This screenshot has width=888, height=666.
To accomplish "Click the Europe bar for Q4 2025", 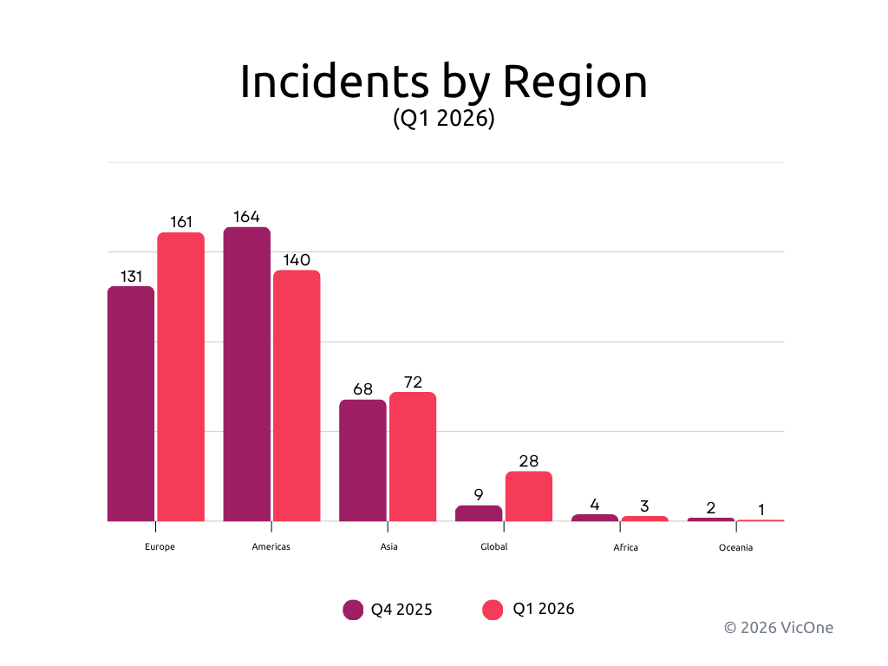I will (x=131, y=403).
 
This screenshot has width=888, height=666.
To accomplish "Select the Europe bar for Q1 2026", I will (x=180, y=376).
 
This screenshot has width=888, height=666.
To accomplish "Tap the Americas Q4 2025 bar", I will (x=247, y=374).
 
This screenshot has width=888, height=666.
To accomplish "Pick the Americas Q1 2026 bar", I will (x=297, y=395).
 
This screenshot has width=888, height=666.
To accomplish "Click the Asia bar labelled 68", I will (x=362, y=460).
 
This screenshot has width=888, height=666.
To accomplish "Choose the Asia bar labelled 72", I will (x=412, y=456).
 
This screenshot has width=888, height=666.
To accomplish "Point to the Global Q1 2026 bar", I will (x=528, y=496).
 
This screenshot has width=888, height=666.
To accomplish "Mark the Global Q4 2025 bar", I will (x=479, y=513).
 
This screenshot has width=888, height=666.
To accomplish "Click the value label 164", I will (x=247, y=217).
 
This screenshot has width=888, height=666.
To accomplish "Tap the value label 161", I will (x=180, y=222).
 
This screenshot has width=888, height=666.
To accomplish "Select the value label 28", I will (x=528, y=461).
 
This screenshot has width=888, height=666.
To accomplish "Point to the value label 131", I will (x=131, y=277).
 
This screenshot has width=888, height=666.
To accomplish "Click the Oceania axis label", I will (x=735, y=548).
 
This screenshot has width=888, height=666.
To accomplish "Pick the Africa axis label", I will (x=625, y=548).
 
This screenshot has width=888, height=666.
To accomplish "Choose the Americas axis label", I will (x=271, y=547).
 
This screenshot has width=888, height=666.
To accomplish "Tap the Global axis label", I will (x=493, y=547).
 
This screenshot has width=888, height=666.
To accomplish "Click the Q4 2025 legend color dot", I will (x=353, y=610).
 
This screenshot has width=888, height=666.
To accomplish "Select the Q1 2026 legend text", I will (x=544, y=609).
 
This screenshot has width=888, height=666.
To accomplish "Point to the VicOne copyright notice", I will (x=778, y=627).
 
